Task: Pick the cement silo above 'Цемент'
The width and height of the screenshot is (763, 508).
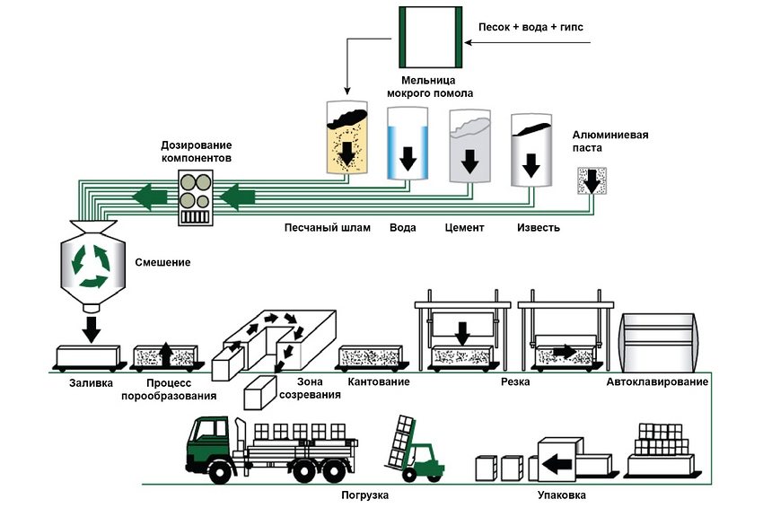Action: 469,148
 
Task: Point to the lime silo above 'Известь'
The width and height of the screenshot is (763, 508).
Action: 531,151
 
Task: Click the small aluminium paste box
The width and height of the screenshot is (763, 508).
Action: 591,182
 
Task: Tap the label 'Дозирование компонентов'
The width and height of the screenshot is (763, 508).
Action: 196,152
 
